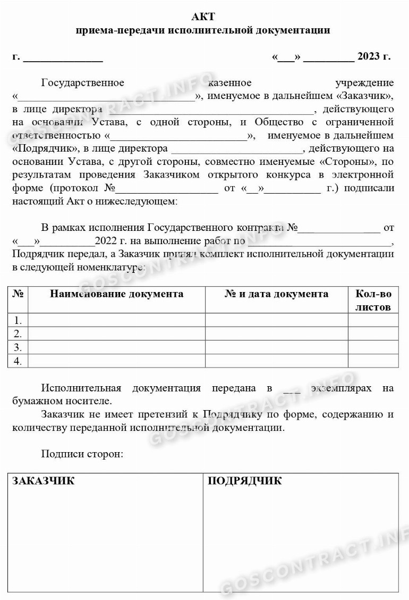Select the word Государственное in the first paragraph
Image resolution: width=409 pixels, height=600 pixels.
coord(82,82)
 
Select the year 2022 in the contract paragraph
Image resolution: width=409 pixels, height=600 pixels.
coord(105,241)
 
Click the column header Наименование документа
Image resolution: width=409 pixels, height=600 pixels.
coord(116,294)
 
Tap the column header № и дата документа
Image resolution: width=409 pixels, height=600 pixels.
coord(276,294)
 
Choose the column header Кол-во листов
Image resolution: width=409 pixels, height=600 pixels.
coord(373,300)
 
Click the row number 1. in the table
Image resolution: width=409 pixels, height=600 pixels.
coord(18,320)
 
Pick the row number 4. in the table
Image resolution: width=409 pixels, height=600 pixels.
coord(18,361)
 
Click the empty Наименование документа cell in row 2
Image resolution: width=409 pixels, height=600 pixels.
coord(116,334)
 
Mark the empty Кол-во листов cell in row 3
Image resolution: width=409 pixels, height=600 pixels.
coord(373,347)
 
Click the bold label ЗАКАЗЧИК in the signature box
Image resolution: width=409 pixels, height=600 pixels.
coord(44,481)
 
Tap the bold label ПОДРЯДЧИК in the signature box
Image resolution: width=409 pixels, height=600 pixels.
coord(244,481)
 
